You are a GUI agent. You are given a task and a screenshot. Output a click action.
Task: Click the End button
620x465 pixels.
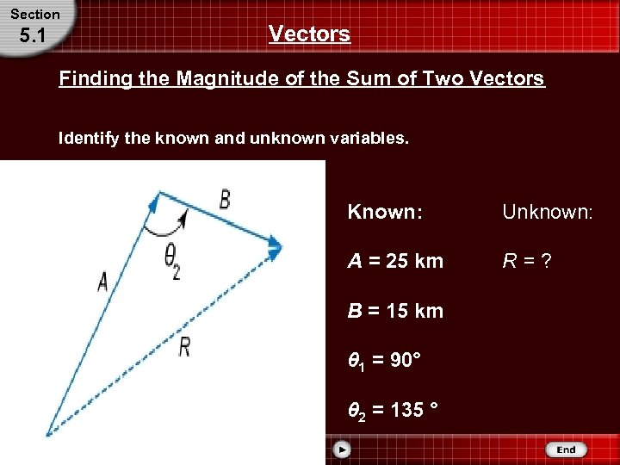[x=566, y=449]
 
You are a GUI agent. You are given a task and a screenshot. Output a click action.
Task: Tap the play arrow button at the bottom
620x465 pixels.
[x=342, y=449]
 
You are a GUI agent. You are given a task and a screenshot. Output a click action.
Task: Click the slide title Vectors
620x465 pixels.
[x=309, y=34]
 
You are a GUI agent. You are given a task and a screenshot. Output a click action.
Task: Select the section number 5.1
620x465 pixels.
[x=34, y=36]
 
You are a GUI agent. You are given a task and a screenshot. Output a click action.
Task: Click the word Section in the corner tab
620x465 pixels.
[x=35, y=14]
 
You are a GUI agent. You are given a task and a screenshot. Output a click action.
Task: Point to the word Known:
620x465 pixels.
[x=385, y=212]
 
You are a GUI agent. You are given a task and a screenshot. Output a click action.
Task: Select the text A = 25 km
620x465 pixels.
[x=395, y=261]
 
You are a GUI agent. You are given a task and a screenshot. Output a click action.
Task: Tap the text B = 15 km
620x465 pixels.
[x=395, y=311]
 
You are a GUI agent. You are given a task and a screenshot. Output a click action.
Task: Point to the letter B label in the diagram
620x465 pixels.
[x=224, y=200]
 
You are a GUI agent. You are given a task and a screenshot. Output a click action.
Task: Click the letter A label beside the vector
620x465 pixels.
[x=103, y=282]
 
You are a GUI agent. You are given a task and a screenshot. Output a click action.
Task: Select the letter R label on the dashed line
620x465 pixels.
[x=184, y=347]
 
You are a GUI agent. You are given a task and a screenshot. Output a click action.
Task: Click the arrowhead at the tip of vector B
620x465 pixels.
[x=274, y=248]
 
